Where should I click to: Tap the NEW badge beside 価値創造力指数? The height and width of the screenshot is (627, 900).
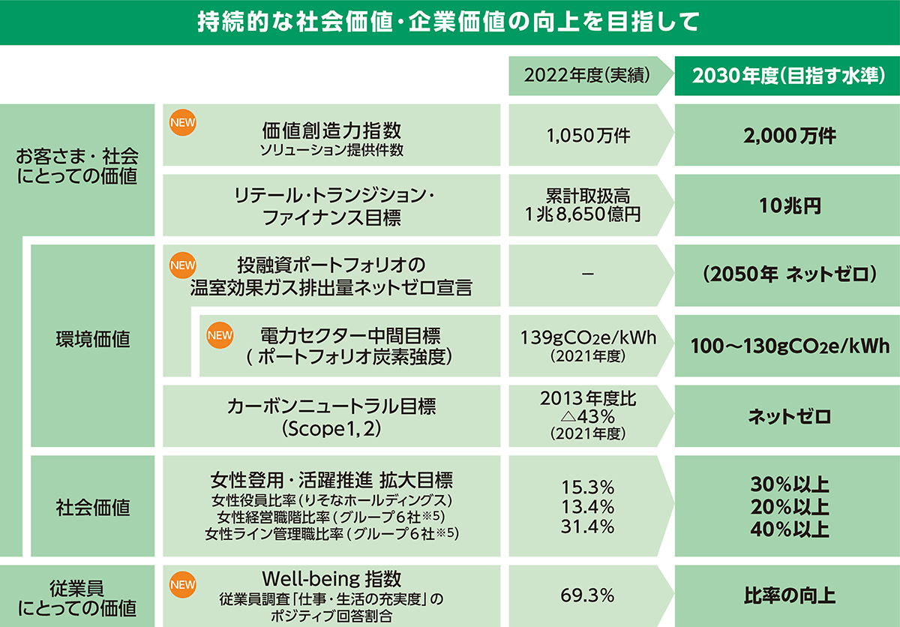[181, 122]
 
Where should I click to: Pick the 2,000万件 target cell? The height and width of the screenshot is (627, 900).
[787, 136]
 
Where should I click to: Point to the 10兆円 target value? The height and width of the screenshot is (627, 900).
[787, 206]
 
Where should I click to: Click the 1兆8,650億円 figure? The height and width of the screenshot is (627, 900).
[583, 214]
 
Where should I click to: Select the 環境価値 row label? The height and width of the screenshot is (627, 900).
[93, 339]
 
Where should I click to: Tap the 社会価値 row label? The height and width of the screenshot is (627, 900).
[93, 507]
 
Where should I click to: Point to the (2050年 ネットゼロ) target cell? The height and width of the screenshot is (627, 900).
[787, 274]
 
